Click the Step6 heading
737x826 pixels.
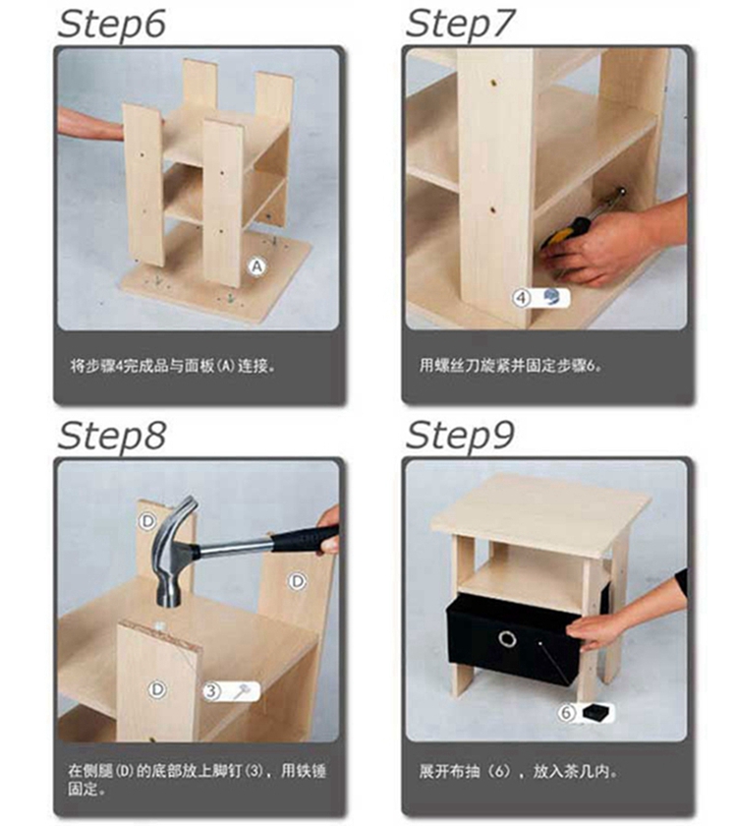click(112, 25)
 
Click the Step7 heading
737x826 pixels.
click(460, 25)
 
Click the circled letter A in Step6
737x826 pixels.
click(256, 266)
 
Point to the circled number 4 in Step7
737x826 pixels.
click(521, 298)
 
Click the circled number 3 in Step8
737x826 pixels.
click(211, 690)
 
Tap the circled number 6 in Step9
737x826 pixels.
click(566, 713)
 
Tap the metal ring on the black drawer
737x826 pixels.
click(507, 639)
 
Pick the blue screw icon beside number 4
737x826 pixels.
click(552, 297)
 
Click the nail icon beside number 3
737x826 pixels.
click(242, 690)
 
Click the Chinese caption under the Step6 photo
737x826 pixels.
click(173, 366)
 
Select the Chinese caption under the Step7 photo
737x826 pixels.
click(510, 365)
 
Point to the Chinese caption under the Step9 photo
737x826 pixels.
click(518, 771)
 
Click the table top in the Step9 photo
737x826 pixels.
click(541, 513)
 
